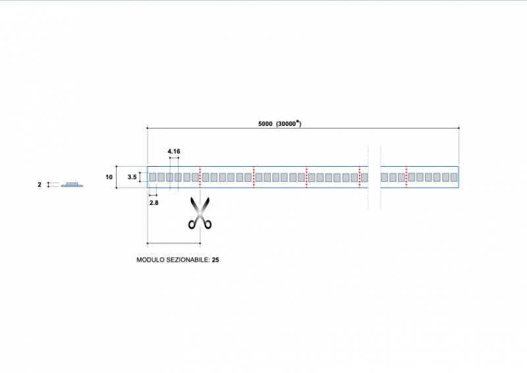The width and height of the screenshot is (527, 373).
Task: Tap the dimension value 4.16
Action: tap(174, 152)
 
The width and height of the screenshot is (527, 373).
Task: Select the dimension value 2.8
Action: tap(153, 203)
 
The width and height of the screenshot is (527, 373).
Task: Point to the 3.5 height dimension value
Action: tap(132, 177)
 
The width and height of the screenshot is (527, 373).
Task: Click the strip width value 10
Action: tap(109, 177)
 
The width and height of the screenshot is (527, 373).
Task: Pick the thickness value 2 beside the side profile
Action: tap(40, 185)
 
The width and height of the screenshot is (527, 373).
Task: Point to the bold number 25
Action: tap(215, 260)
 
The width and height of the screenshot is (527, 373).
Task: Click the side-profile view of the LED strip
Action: tap(72, 185)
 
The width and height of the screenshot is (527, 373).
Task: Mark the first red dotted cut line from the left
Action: tap(200, 177)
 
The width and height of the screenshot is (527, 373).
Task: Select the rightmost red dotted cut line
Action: tap(406, 177)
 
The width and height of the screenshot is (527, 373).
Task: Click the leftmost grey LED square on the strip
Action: tap(152, 177)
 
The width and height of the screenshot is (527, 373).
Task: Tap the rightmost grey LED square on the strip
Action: tap(453, 177)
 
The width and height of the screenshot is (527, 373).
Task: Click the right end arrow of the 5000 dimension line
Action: tap(458, 127)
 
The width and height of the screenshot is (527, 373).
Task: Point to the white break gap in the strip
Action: tap(374, 177)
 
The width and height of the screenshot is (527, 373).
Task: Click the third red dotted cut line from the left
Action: tap(306, 177)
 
